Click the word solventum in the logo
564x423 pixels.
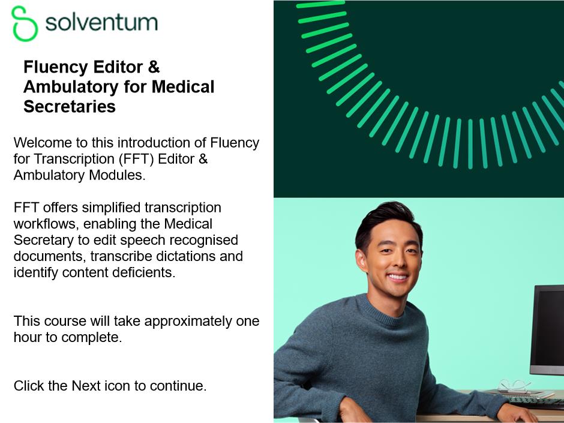point(102,22)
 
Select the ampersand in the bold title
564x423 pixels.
point(154,67)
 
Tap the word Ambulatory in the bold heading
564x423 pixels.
point(71,86)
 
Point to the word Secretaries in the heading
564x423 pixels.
point(70,106)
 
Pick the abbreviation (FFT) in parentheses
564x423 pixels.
point(136,159)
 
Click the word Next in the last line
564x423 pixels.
point(86,386)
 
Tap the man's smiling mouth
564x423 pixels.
point(397,277)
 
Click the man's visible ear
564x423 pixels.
point(361,260)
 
